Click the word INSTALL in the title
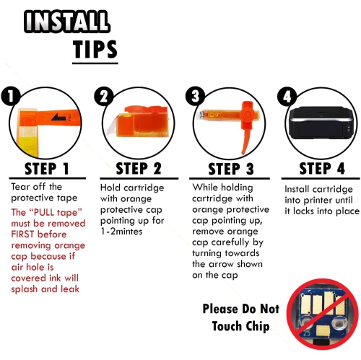click(67, 22)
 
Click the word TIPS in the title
click(95, 49)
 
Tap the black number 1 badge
click(10, 96)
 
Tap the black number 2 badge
click(104, 96)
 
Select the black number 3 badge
click(195, 96)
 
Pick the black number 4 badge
click(287, 96)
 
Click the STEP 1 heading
click(47, 169)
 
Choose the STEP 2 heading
click(139, 169)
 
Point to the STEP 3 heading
click(231, 169)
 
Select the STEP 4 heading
click(322, 168)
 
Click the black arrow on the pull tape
click(58, 117)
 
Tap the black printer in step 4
click(321, 123)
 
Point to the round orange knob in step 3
click(247, 114)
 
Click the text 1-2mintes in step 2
click(121, 232)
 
